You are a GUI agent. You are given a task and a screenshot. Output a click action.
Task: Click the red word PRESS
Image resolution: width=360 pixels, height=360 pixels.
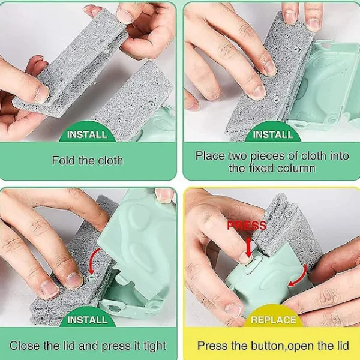tap(247, 226)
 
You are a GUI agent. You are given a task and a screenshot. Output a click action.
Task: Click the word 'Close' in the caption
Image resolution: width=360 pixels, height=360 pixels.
tap(25, 346)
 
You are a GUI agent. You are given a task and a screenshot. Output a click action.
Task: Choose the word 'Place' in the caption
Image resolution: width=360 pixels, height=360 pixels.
tap(210, 155)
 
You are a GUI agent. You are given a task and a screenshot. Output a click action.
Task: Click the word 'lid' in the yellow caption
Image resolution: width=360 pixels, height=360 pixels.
tap(343, 346)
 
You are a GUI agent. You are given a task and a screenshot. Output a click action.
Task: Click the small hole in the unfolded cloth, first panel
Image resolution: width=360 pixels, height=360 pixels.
tap(151, 103)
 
